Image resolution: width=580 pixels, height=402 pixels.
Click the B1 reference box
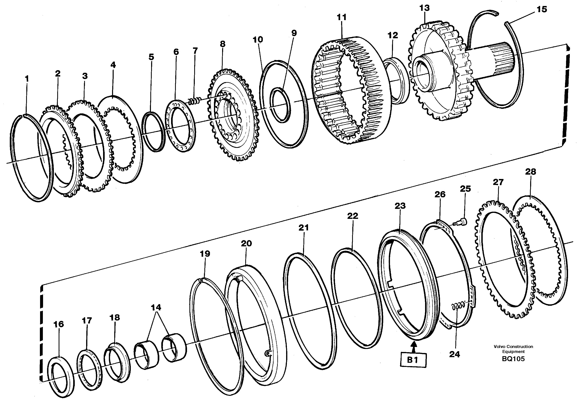coord(413,360)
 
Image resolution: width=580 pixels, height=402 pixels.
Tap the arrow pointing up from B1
coord(413,347)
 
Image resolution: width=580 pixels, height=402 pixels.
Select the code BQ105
coord(513,359)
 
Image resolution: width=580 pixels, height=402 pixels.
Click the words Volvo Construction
coord(513,347)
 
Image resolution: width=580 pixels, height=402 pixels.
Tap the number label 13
coord(424,8)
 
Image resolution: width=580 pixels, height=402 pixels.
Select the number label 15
coord(542,10)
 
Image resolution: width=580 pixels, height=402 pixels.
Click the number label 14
coord(156,307)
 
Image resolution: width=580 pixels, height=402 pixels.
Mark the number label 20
coord(246,243)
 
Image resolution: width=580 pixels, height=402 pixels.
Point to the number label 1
coord(27,79)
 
